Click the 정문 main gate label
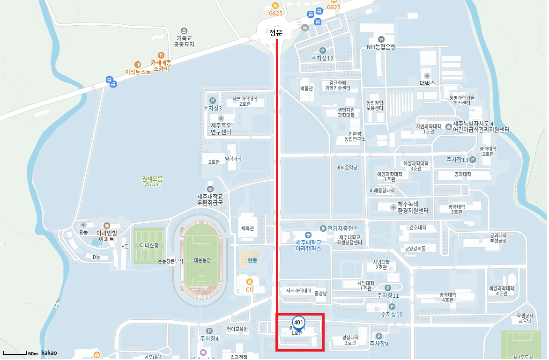pos(275,33)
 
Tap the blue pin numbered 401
pos(298,323)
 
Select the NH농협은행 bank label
pos(381,47)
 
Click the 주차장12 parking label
pos(322,58)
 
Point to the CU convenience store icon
pos(250,282)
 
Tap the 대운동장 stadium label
pos(202,260)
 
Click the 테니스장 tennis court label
pos(149,245)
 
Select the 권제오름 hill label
pos(152,178)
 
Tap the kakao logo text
pos(49,353)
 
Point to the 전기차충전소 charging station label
pos(342,228)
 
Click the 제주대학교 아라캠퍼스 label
pos(308,245)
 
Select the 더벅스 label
pos(427,83)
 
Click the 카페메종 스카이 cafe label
pos(161,65)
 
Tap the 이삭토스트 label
pos(138,72)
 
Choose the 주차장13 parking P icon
pos(473,160)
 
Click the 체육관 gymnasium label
pos(247,228)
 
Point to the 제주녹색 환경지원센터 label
pos(413,207)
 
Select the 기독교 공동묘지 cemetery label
pos(184,41)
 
